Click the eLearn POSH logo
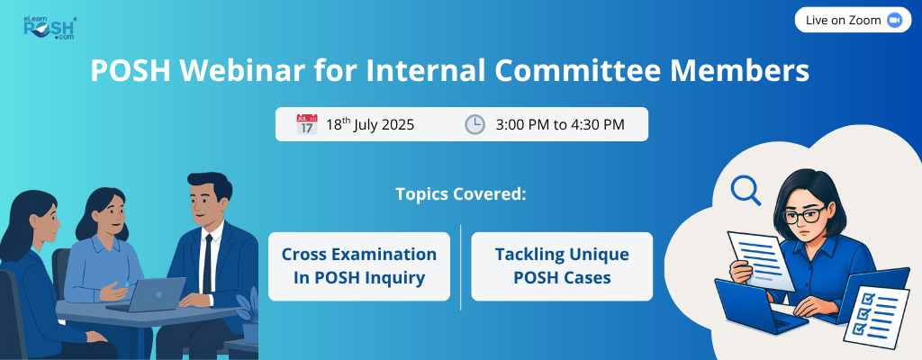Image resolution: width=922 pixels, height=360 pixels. coord(50,28)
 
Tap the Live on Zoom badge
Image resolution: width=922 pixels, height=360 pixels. coord(853,20)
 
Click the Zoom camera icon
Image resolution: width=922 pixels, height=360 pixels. coord(894,20)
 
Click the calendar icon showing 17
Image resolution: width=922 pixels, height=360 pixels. coord(307,125)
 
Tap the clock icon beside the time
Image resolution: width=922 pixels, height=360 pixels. coord(475,125)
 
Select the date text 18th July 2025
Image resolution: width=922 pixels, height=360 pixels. coord(370,125)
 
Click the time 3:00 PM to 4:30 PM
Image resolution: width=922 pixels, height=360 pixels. coord(560,125)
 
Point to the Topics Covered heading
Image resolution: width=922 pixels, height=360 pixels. coord(461,194)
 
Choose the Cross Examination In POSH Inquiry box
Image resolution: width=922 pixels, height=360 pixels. coord(359,266)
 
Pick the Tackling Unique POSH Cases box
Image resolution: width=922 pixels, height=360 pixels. coord(562,266)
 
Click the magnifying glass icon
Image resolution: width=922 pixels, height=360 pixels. coord(745,191)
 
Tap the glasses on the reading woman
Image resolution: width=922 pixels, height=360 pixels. coord(804,215)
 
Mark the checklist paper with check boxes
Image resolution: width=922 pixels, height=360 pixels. coord(876,317)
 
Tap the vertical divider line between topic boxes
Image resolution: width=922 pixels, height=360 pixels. coord(461,267)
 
